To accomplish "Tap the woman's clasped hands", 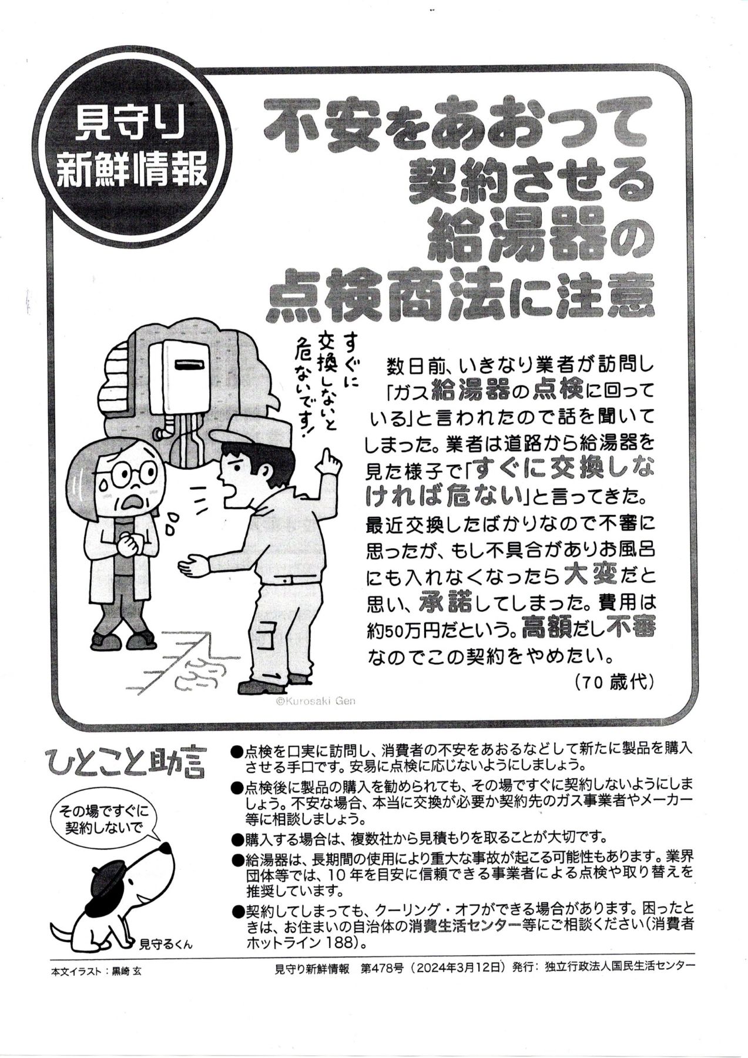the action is tap(131, 543).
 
